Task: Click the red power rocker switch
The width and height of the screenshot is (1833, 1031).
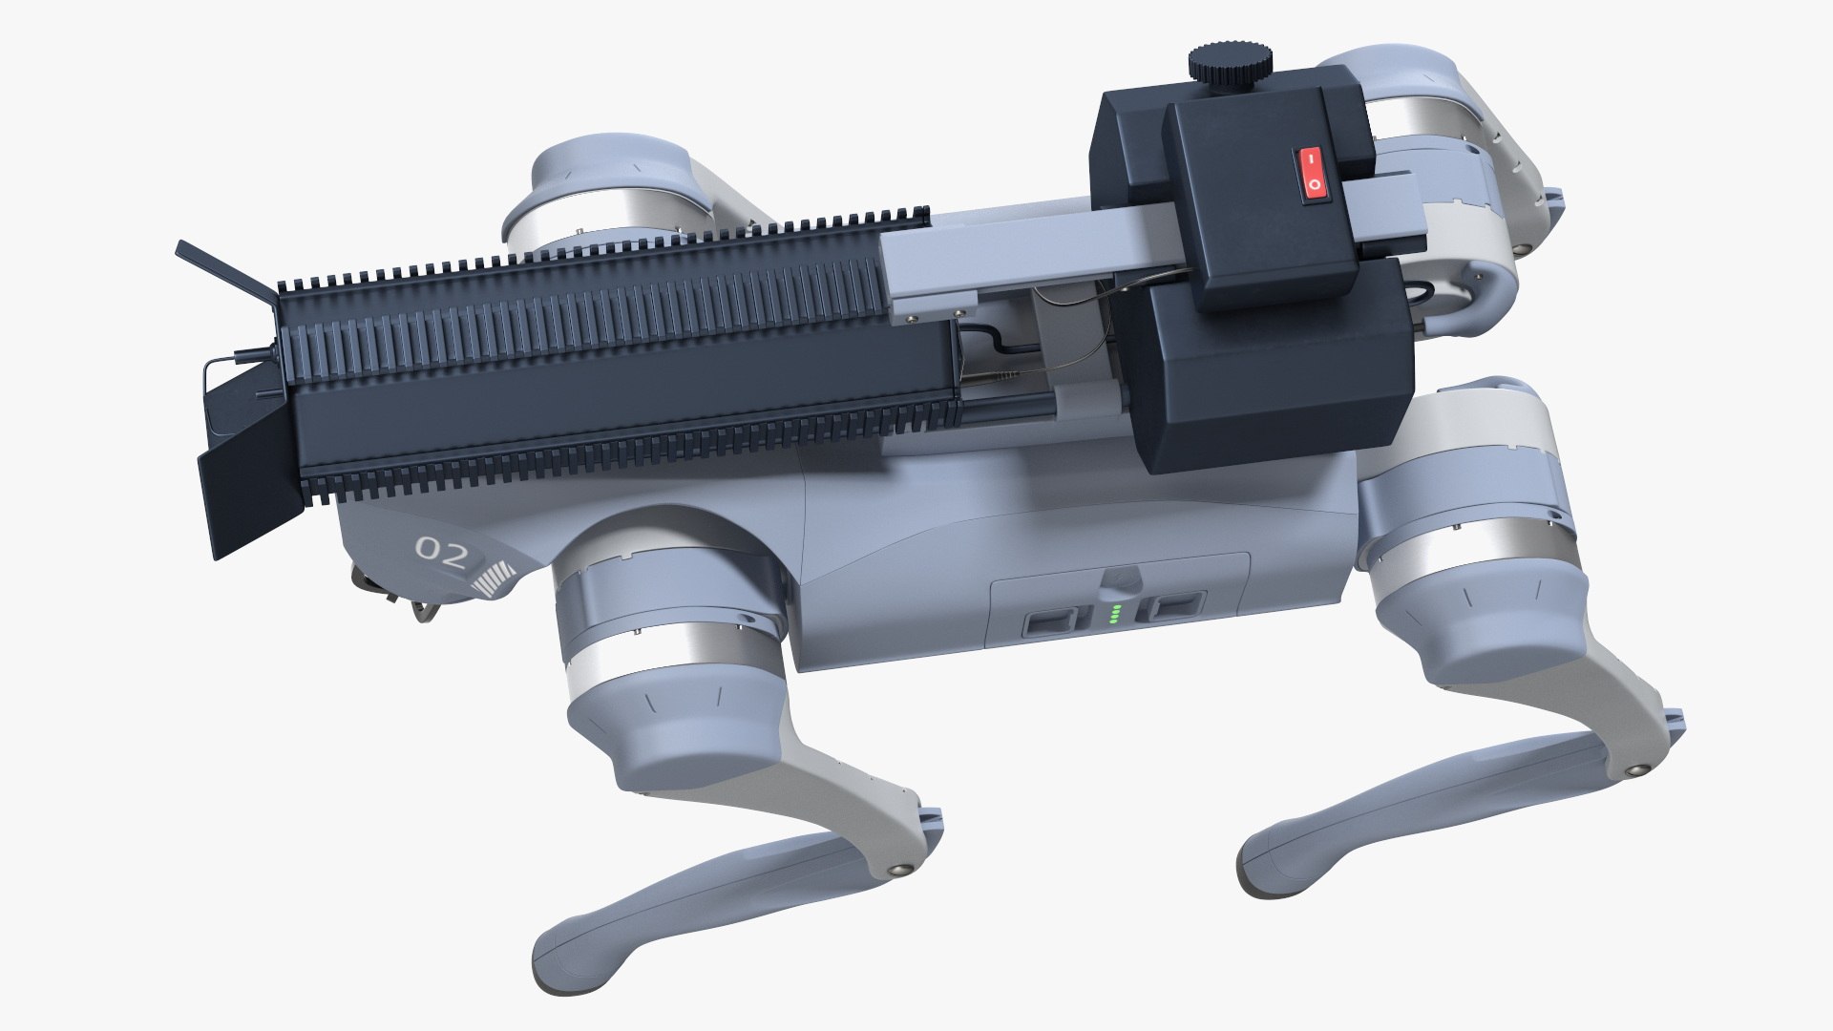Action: coord(1312,174)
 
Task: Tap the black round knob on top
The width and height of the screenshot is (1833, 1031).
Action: coord(1230,63)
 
